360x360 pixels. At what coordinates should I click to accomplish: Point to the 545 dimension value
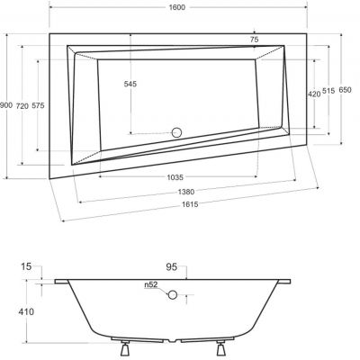click(131, 85)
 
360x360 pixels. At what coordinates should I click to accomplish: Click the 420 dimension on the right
click(313, 93)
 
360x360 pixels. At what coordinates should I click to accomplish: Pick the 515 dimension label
click(330, 93)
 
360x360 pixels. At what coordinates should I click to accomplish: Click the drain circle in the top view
click(176, 133)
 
